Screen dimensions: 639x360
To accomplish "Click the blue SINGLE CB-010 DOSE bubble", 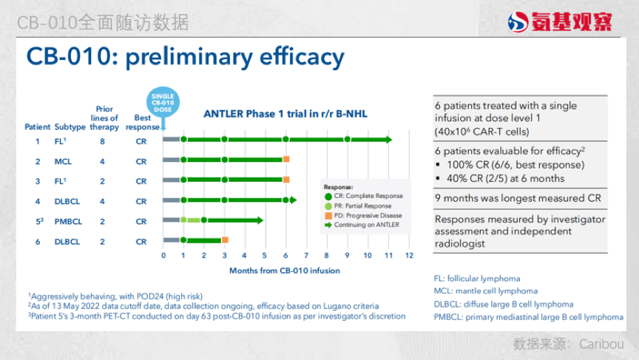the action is (x=163, y=102).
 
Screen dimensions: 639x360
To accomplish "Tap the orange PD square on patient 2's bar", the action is (x=286, y=159).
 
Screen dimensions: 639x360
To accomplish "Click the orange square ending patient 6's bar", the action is (x=225, y=240).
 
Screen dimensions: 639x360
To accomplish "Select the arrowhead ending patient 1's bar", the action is (x=388, y=140).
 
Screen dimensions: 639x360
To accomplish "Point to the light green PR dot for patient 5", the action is (x=184, y=220).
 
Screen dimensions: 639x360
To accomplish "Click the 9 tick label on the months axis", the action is (x=347, y=255).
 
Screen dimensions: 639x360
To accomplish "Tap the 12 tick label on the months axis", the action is (x=409, y=255).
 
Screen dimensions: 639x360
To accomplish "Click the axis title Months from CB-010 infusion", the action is (x=285, y=271).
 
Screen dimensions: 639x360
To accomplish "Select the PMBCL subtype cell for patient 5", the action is (x=69, y=222).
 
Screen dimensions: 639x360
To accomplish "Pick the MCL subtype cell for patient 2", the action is (x=63, y=162).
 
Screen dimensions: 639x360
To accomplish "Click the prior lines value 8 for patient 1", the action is (x=102, y=141).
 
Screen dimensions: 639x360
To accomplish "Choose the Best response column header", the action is (x=143, y=122).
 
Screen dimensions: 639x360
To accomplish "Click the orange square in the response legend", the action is (x=328, y=215).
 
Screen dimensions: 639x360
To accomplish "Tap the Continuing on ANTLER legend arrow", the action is (x=328, y=225).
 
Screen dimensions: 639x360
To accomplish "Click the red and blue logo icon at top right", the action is (x=518, y=22).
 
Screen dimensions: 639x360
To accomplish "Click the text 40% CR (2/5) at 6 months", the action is (x=506, y=178).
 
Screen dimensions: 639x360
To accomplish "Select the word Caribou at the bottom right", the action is (x=601, y=344).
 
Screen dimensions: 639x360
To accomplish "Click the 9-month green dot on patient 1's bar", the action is (x=347, y=139).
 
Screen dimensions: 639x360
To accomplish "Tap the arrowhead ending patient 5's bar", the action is (x=260, y=220).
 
